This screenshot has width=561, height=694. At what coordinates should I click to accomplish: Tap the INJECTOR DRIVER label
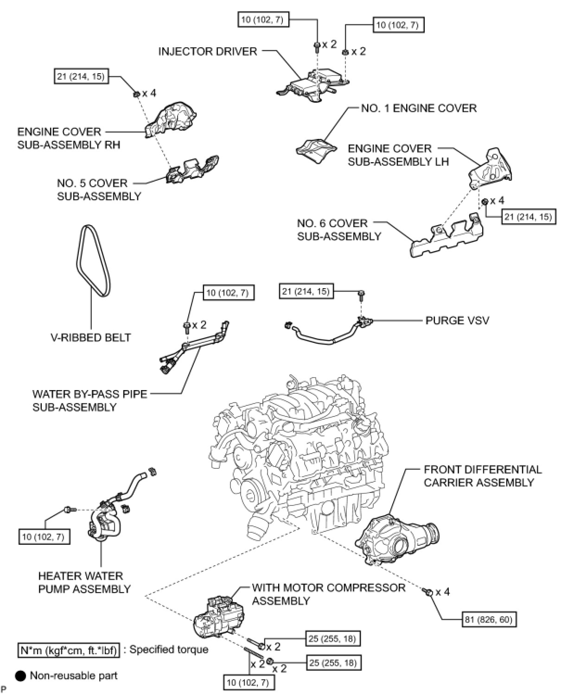207,51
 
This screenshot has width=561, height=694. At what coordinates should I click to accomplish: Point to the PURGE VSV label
457,320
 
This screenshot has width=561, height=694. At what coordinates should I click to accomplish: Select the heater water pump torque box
45,537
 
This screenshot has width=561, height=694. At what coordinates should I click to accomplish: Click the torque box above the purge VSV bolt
306,291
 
